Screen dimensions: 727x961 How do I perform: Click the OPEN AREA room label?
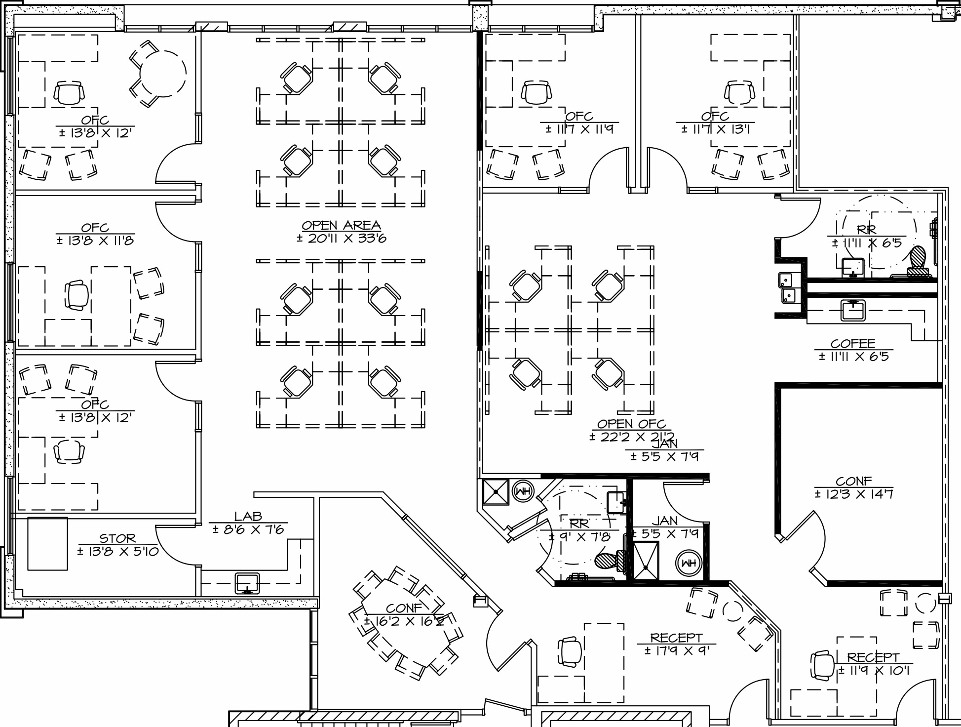point(341,226)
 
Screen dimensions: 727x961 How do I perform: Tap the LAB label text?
point(248,517)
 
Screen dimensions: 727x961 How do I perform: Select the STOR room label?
point(117,538)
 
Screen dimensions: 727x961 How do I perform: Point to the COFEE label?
point(852,343)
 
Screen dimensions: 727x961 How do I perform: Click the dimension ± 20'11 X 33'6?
point(341,239)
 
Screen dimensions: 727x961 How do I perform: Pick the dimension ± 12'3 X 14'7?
point(853,493)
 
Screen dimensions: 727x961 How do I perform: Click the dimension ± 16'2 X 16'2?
point(404,621)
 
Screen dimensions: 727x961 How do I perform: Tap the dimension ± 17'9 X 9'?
point(676,651)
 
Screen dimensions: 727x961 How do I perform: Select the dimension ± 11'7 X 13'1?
point(715,129)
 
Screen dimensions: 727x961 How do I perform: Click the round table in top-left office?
point(163,74)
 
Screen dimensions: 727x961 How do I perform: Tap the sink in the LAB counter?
point(247,583)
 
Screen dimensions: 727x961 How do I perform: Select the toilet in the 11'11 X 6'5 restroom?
point(918,259)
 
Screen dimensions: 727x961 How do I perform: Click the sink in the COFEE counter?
point(853,310)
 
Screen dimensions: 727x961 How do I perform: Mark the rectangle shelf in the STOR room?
point(47,543)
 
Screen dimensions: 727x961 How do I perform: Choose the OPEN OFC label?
point(631,424)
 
